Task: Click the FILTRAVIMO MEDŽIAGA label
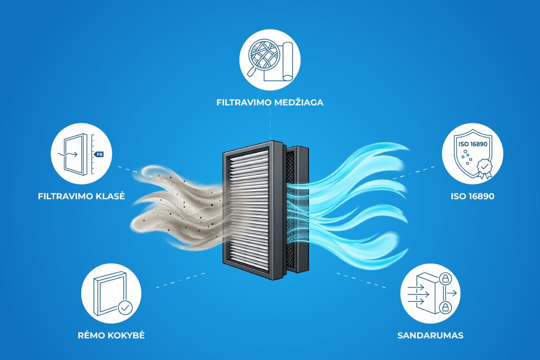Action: (269, 102)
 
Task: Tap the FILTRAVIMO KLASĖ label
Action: (81, 196)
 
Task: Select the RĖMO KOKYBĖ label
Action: (111, 335)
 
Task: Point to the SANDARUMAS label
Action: (430, 335)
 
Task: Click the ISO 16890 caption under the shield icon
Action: (472, 196)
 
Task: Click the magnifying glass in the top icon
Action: (263, 55)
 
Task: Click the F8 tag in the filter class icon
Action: (99, 154)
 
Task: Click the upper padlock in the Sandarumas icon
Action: (445, 278)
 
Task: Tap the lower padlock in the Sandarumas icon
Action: (445, 307)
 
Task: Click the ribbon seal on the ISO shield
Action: (485, 168)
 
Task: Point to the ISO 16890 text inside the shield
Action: (472, 144)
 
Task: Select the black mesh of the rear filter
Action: (291, 207)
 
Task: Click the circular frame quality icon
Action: (111, 294)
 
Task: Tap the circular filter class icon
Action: (81, 153)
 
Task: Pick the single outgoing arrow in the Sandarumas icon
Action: (451, 293)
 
